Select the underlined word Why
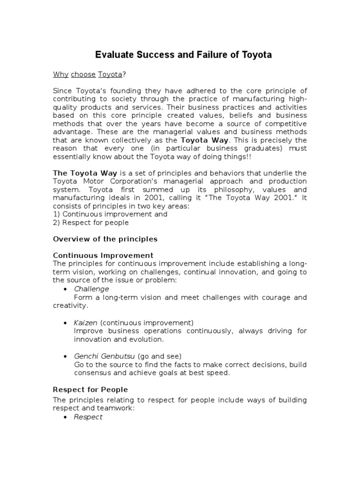(60, 74)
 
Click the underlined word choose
(83, 74)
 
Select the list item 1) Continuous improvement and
(110, 214)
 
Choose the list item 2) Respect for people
(91, 223)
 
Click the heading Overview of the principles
(105, 239)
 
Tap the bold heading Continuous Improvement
(103, 255)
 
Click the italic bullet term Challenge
(91, 289)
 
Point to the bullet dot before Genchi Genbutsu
(65, 356)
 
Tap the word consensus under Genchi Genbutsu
(94, 373)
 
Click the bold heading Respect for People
(90, 390)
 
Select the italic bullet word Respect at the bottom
(88, 417)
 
